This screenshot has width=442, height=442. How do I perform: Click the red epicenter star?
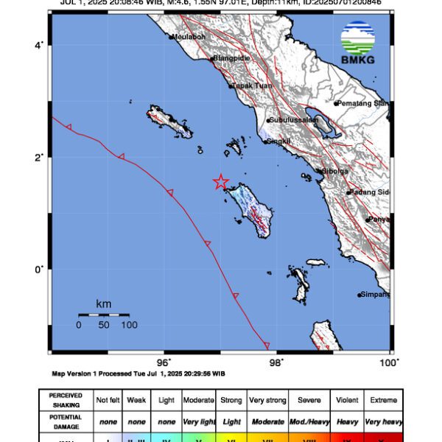click(x=220, y=182)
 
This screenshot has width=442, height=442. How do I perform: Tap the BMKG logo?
click(x=357, y=43)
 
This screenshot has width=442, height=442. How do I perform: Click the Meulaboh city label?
click(x=189, y=36)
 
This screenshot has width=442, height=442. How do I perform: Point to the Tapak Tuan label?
click(x=253, y=85)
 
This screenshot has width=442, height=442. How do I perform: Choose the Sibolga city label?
click(x=332, y=171)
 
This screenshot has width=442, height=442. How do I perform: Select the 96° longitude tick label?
click(x=164, y=362)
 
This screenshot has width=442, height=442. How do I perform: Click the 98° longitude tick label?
click(x=276, y=362)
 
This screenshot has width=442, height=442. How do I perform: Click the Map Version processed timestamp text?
click(x=138, y=373)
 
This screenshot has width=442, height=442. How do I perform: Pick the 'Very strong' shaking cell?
click(x=267, y=399)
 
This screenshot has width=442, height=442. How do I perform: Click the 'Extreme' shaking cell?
click(x=382, y=399)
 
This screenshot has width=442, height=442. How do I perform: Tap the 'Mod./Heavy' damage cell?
click(x=309, y=421)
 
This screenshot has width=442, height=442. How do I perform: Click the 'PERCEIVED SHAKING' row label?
click(x=66, y=399)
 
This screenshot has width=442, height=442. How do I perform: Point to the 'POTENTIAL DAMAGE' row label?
click(x=66, y=421)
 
